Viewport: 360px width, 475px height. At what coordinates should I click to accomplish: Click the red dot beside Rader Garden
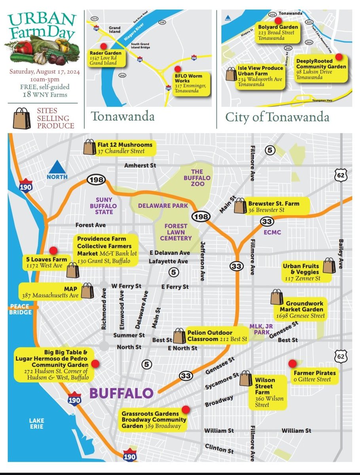click(104, 46)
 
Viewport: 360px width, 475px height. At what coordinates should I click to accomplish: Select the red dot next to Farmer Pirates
click(292, 363)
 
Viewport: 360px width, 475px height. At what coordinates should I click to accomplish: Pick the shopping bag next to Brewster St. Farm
click(240, 206)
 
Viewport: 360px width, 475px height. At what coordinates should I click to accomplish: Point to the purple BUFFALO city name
click(121, 393)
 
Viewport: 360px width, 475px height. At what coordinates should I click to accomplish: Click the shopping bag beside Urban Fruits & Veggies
click(329, 266)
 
